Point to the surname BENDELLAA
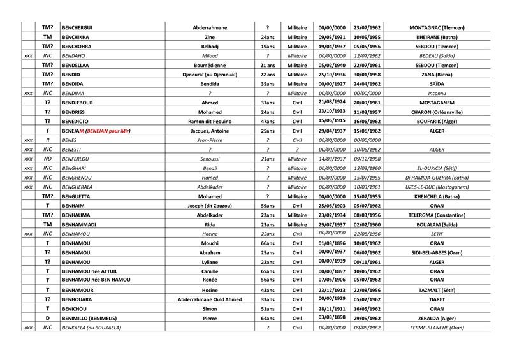click(81, 66)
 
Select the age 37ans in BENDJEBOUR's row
click(267, 103)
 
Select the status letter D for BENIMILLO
click(47, 318)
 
